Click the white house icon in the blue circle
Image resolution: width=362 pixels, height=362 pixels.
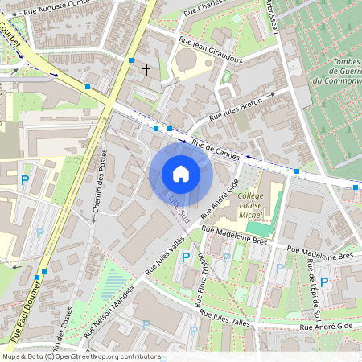coord(180,174)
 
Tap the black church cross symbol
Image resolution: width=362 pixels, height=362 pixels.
coord(146,70)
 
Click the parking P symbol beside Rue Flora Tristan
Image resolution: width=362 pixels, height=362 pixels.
coord(187,257)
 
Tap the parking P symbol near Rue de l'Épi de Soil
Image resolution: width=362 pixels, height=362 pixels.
coord(324,282)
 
